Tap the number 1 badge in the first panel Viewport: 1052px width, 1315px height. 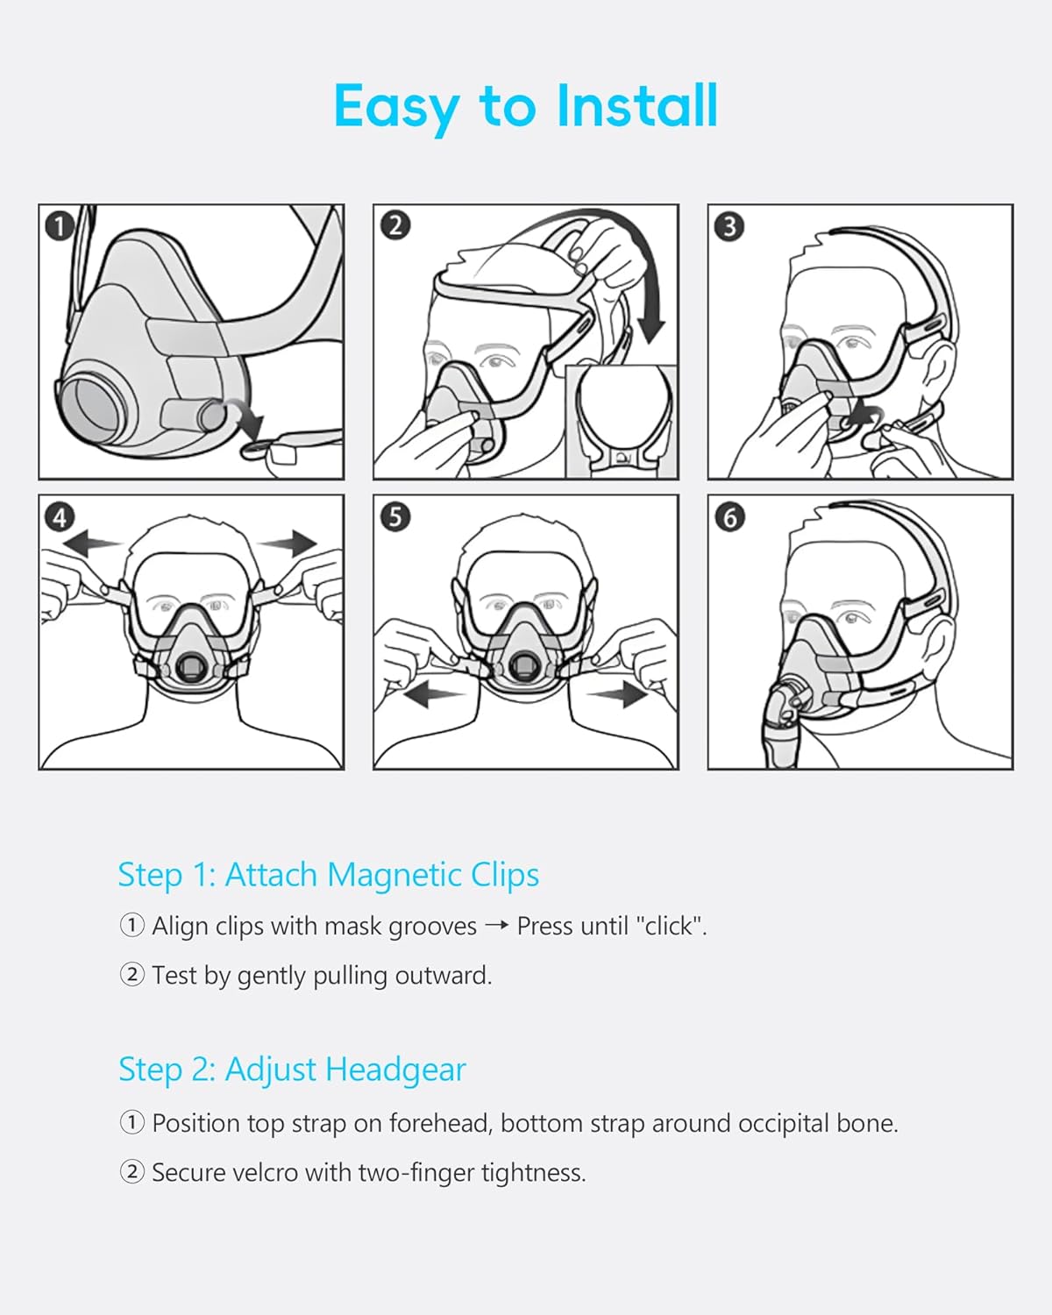point(59,226)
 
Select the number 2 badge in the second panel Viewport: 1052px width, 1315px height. point(394,225)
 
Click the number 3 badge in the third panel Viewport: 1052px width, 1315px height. point(729,226)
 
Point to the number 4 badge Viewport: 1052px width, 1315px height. point(59,517)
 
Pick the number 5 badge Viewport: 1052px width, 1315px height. point(394,517)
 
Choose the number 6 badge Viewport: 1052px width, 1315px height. point(729,517)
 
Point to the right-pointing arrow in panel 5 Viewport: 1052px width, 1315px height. point(620,695)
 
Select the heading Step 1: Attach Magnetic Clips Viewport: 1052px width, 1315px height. point(329,875)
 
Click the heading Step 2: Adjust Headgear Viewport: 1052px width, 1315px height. point(292,1070)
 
